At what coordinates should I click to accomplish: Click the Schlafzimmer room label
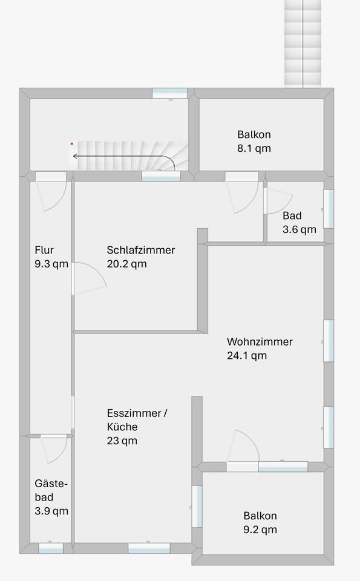(x=140, y=250)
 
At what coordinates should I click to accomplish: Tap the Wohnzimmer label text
(x=260, y=342)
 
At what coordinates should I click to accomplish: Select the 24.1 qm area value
(x=246, y=356)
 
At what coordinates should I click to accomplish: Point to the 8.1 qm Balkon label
(x=254, y=141)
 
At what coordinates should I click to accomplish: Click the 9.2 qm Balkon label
(x=260, y=523)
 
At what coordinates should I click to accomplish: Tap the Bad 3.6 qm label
(x=299, y=223)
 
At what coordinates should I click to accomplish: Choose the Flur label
(x=44, y=250)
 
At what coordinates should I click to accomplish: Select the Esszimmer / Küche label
(x=137, y=420)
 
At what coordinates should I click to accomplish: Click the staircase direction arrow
(x=121, y=157)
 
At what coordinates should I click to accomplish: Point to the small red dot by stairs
(x=71, y=143)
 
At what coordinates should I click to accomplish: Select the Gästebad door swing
(x=53, y=449)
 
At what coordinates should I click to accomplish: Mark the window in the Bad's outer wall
(x=329, y=209)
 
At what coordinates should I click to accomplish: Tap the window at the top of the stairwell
(x=169, y=93)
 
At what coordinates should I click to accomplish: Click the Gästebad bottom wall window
(x=51, y=548)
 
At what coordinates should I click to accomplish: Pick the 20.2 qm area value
(x=126, y=264)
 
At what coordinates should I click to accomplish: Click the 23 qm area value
(x=122, y=441)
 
